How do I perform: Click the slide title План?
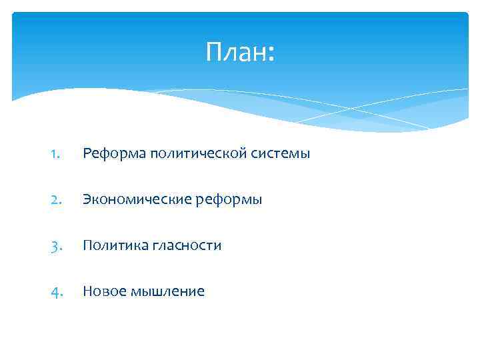click(239, 51)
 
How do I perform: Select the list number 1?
click(56, 154)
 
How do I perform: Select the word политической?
click(193, 154)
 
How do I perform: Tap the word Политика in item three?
click(111, 246)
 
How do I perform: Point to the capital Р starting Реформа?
click(87, 154)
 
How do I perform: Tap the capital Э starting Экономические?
click(87, 200)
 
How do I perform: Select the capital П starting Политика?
click(87, 246)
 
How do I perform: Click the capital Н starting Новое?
click(87, 292)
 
